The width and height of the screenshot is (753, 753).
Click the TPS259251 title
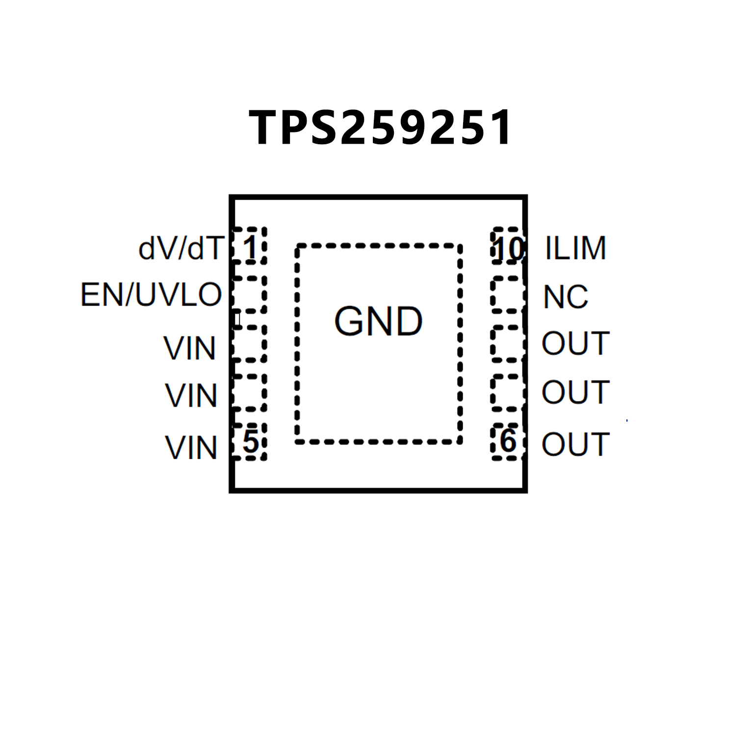[381, 128]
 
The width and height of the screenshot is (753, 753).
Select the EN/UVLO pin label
[151, 295]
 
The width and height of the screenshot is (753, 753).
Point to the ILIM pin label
[575, 248]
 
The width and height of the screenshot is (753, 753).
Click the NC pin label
[566, 297]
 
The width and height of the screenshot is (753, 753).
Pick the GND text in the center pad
[378, 322]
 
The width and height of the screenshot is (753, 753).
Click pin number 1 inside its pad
[250, 248]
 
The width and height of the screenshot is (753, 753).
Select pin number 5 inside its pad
[250, 441]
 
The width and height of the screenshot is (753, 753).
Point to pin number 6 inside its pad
[508, 441]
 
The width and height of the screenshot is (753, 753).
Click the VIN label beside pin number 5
[191, 448]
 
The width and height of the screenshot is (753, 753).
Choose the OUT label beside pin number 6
[575, 444]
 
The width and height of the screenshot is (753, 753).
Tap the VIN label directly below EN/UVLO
[190, 348]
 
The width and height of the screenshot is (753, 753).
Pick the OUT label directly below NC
[575, 343]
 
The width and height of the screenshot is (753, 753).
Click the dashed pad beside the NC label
[507, 295]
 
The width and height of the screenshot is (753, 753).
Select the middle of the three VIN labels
[191, 395]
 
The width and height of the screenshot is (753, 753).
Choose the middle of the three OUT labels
[575, 392]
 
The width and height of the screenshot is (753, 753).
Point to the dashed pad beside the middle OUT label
[507, 392]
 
